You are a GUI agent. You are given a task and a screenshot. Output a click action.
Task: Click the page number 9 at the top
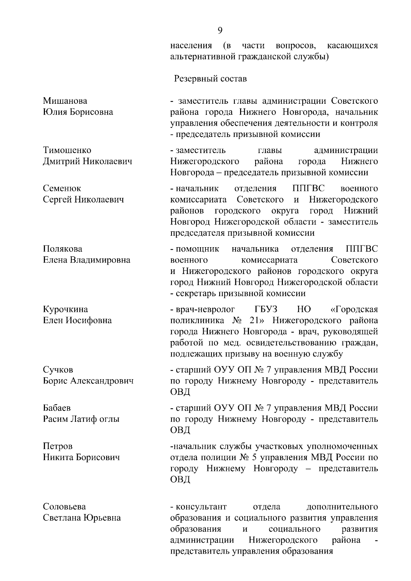click(220, 31)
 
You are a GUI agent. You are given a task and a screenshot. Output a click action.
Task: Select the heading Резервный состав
click(210, 79)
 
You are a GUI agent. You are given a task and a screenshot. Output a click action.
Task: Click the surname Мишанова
click(65, 101)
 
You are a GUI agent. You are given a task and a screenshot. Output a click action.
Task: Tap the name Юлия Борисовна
click(78, 112)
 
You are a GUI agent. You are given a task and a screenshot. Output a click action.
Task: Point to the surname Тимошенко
click(67, 150)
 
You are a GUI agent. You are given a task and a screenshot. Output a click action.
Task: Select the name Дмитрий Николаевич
click(87, 161)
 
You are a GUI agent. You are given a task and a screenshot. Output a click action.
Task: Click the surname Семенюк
click(62, 188)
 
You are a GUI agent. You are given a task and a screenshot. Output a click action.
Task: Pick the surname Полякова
click(63, 249)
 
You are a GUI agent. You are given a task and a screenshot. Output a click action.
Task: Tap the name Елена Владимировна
click(86, 260)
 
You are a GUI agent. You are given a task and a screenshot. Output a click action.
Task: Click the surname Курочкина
click(65, 310)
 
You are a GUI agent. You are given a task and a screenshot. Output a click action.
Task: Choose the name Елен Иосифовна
click(77, 320)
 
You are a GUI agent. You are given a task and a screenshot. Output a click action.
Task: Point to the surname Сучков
click(58, 370)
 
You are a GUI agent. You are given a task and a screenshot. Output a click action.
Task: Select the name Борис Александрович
click(88, 381)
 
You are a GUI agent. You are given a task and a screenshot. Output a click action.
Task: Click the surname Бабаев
click(57, 408)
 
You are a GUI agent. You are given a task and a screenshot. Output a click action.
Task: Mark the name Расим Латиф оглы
click(81, 419)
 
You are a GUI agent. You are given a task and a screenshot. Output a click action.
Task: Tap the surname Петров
click(58, 446)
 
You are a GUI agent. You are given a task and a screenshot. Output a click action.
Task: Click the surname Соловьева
click(64, 507)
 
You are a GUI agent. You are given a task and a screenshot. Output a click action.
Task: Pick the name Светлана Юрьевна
click(82, 518)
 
